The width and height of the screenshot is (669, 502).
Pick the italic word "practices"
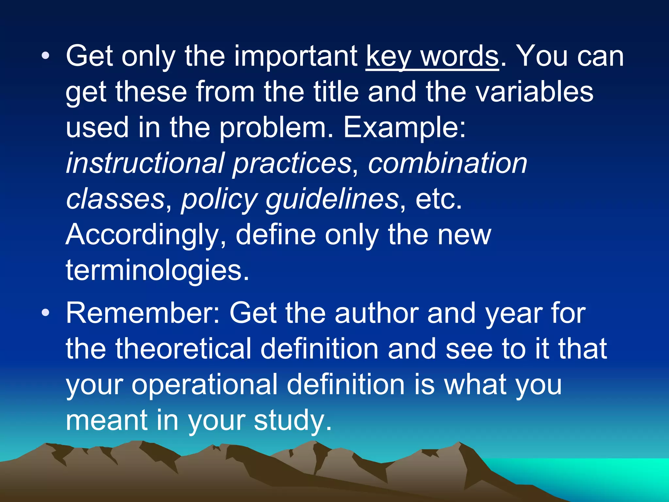pos(292,163)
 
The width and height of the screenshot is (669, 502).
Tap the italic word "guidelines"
pos(332,199)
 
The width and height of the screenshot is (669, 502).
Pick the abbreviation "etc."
pos(439,199)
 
